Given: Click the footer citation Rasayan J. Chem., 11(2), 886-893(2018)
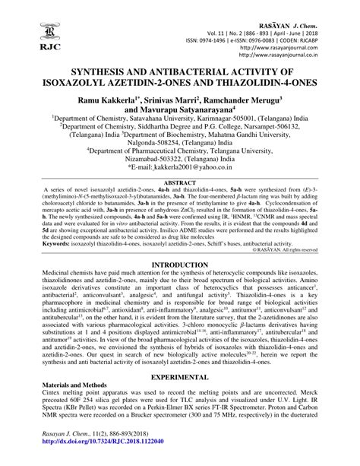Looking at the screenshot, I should click(83, 451).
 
